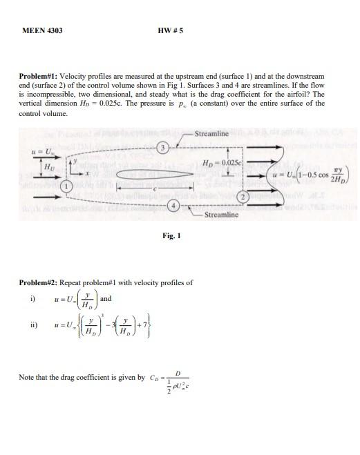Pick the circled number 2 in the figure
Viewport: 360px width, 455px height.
[x=243, y=197]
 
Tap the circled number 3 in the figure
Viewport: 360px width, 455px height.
[x=162, y=147]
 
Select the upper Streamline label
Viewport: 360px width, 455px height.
[x=212, y=133]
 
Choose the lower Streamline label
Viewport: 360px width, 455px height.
[x=222, y=215]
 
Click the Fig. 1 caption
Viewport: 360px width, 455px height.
[x=171, y=236]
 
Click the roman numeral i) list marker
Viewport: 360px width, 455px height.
[x=32, y=299]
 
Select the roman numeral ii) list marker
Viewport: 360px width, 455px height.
[x=32, y=325]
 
